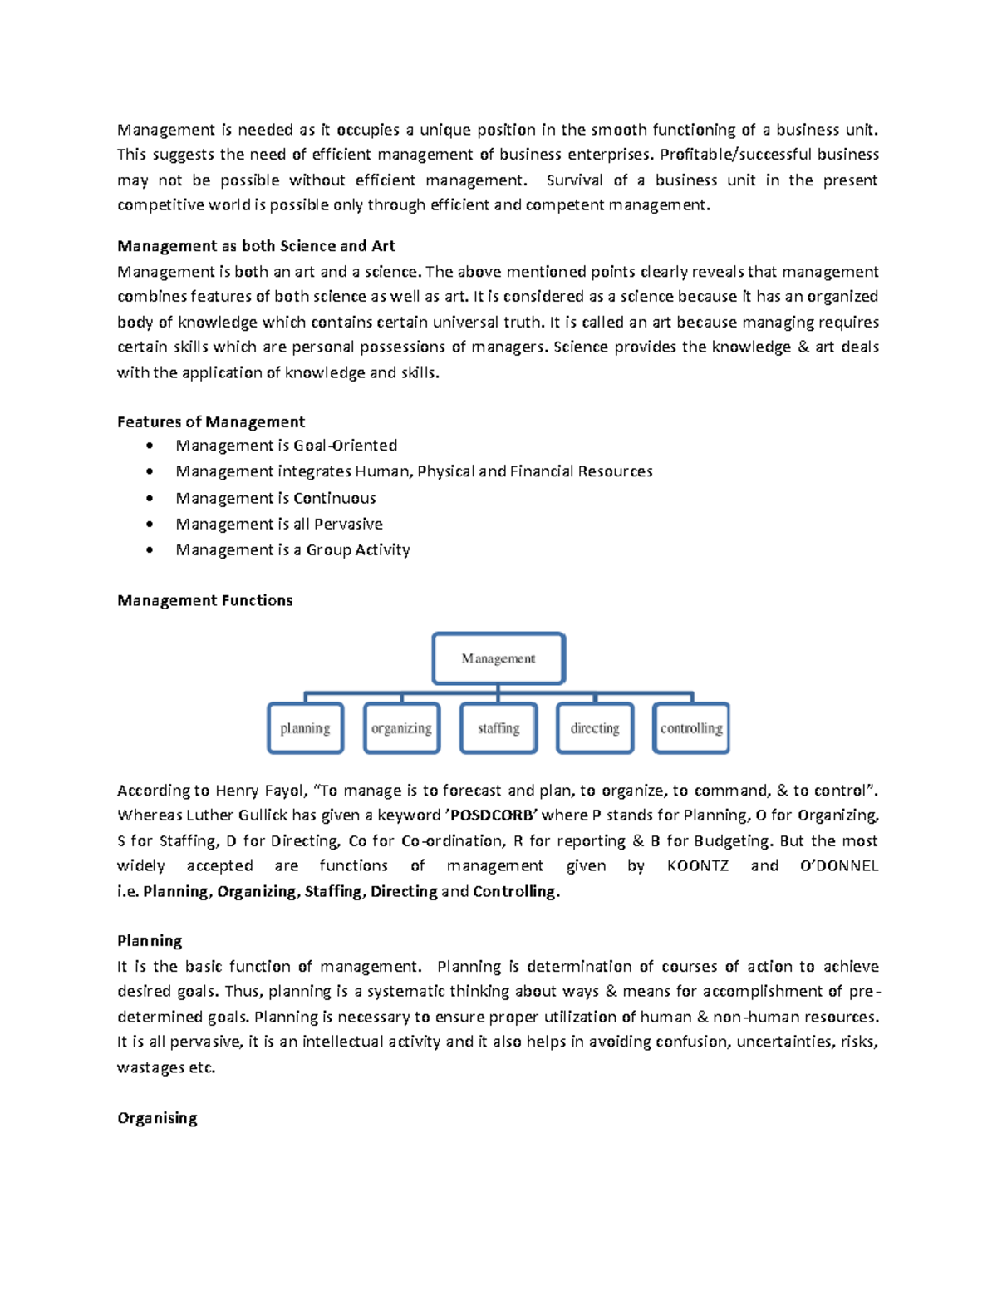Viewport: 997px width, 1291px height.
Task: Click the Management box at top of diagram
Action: tap(498, 658)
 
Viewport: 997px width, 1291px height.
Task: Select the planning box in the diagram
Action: tap(305, 728)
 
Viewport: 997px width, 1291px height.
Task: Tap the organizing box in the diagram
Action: tap(401, 728)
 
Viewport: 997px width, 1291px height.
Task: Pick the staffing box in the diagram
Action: tap(498, 728)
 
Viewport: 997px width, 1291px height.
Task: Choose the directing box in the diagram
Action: tap(595, 728)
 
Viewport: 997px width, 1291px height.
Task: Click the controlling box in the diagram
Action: tap(691, 728)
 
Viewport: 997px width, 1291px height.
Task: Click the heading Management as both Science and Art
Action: tap(256, 246)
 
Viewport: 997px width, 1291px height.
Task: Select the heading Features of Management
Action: tap(211, 422)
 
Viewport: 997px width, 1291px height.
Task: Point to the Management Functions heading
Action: tap(205, 600)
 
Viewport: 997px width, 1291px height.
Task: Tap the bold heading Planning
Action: tap(150, 941)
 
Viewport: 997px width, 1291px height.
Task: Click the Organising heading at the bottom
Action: tap(157, 1118)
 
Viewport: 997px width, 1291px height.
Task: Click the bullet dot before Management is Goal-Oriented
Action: tap(150, 446)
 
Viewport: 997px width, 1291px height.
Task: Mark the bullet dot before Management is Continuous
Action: tap(150, 499)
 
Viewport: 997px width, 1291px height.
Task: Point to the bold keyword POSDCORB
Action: tap(490, 815)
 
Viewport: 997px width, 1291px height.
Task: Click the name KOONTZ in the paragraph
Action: tap(697, 866)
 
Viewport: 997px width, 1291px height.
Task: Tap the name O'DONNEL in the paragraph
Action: tap(838, 866)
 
